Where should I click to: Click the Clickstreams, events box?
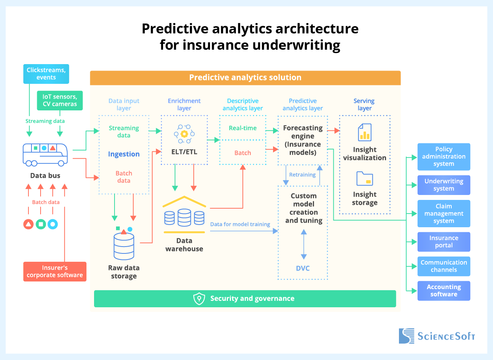46,74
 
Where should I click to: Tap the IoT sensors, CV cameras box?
60,101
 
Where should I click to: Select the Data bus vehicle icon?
45,154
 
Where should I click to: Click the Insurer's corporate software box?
55,271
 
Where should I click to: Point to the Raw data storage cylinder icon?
124,245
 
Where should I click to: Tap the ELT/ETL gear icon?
184,134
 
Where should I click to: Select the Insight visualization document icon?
364,132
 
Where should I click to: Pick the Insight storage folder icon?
364,179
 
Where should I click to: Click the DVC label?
303,268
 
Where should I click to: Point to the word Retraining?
302,175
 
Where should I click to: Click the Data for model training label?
240,224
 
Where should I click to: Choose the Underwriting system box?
444,185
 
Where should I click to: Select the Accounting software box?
444,291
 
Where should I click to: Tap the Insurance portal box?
444,242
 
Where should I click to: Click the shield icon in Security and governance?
199,299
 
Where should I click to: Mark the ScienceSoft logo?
436,336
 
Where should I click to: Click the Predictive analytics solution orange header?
245,77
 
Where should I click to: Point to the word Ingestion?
124,154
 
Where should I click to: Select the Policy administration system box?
444,156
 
